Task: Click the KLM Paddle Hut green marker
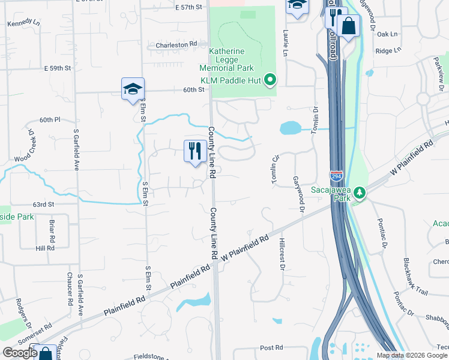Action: (270, 79)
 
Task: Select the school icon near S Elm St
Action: (133, 89)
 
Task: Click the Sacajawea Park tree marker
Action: (359, 193)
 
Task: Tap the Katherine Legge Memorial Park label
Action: (226, 60)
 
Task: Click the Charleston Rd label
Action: (176, 45)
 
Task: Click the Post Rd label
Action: (271, 348)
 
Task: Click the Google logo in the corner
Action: (20, 353)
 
